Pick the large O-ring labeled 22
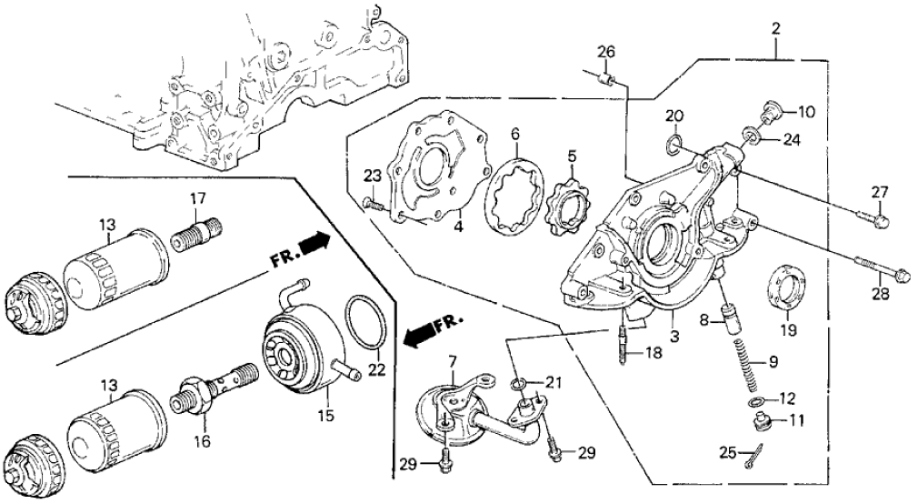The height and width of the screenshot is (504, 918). click(366, 322)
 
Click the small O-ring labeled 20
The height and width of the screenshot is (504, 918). click(673, 142)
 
